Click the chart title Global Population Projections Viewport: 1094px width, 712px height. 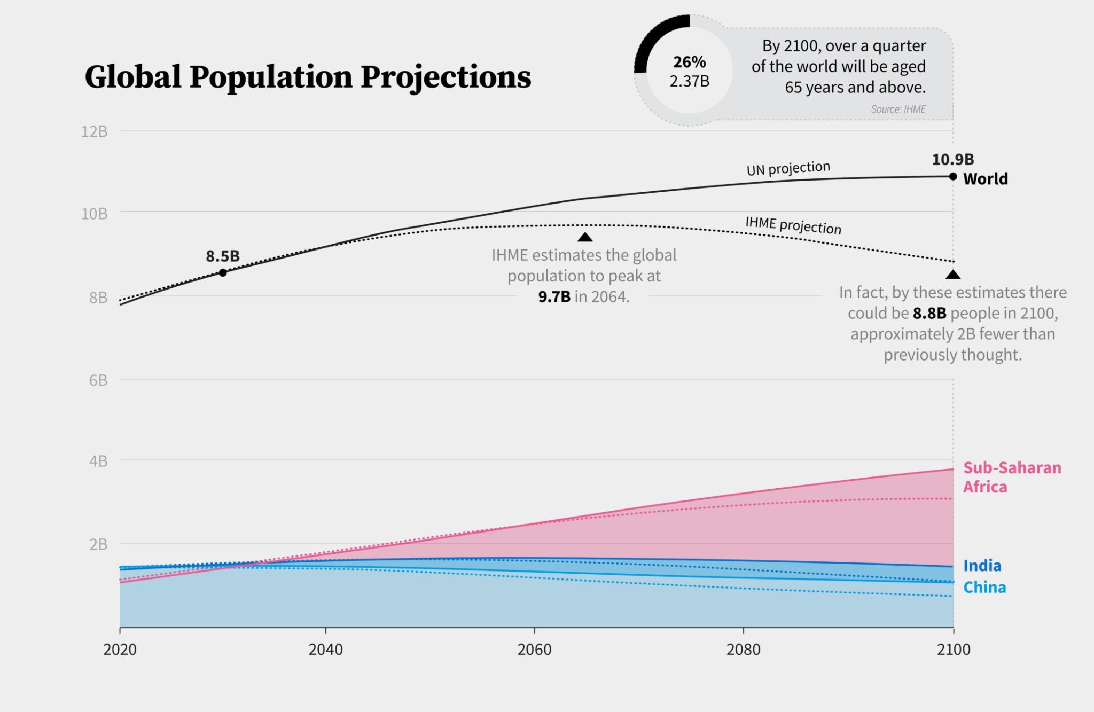pos(308,77)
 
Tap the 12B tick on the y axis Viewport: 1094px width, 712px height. pos(94,131)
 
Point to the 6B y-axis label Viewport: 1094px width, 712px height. pos(98,380)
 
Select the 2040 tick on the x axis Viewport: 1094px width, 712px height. pos(326,650)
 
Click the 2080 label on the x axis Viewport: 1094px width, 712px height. pos(743,650)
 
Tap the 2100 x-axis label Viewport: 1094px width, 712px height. pos(954,650)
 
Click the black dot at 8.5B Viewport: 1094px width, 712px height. pos(223,273)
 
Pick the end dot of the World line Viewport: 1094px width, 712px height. pos(953,176)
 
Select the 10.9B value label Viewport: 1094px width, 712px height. pos(952,159)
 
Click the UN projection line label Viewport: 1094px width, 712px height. pos(788,169)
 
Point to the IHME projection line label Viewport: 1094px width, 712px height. pos(793,225)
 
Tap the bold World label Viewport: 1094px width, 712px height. pos(985,179)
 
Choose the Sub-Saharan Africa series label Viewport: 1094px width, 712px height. pos(1011,477)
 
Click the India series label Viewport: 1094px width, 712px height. pos(982,566)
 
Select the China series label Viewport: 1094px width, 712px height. pos(984,588)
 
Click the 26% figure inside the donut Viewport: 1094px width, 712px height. pos(689,62)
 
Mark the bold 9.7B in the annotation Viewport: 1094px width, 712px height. pos(554,297)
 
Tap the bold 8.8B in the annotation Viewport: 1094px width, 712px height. pos(929,314)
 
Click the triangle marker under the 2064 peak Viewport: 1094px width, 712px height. pos(585,237)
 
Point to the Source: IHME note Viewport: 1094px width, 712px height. pos(898,109)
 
